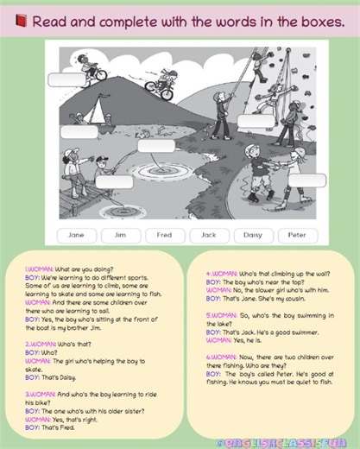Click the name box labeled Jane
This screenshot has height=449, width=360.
tap(76, 234)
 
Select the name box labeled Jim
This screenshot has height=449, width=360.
tap(121, 234)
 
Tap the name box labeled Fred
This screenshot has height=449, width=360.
tap(164, 234)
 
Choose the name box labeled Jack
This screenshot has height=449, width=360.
tap(209, 234)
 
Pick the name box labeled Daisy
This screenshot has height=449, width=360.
tap(253, 234)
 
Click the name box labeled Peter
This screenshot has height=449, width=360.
tap(297, 234)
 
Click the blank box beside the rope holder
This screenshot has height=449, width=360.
tap(256, 122)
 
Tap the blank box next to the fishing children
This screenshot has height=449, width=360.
tap(114, 181)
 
